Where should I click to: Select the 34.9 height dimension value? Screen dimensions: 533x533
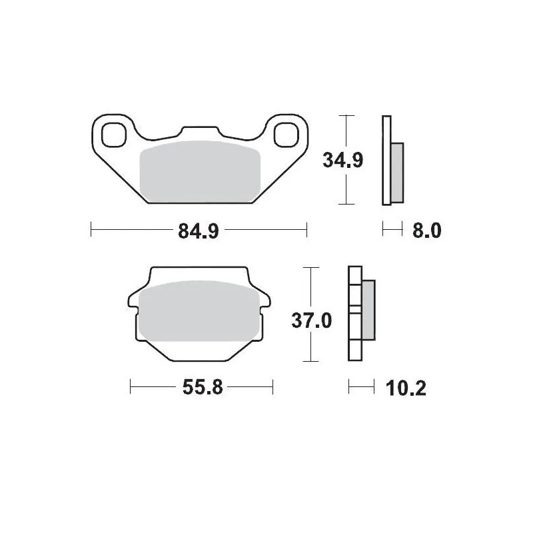tap(342, 161)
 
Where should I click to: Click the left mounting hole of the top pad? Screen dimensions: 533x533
tap(114, 135)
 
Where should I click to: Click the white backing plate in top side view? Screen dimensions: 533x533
tap(385, 161)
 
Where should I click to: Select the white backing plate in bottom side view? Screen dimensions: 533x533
tap(354, 313)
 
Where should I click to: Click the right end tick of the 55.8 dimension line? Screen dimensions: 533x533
tap(272, 387)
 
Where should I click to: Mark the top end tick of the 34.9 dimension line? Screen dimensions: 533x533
tap(344, 116)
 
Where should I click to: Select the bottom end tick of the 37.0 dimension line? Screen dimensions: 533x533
tap(308, 361)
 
